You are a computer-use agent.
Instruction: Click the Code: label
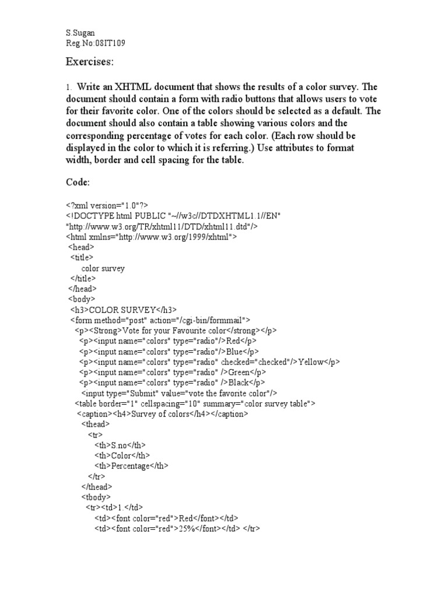coord(77,183)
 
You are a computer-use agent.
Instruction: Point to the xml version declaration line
coord(107,205)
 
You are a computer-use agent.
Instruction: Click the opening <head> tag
coord(81,247)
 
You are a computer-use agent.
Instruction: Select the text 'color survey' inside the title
coord(103,268)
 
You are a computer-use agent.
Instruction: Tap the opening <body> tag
coord(82,299)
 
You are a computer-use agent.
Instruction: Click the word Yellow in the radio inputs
coord(310,362)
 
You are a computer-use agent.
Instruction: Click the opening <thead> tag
coord(95,425)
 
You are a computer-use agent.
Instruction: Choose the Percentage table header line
coord(131,466)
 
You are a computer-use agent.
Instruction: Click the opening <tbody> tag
coord(95,497)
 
